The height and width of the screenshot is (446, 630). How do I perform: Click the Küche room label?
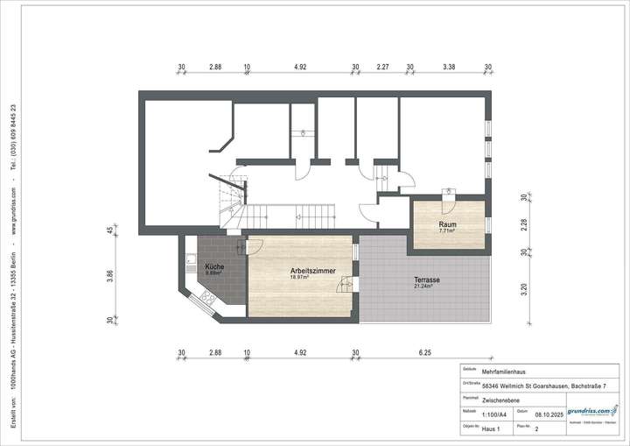pos(214,266)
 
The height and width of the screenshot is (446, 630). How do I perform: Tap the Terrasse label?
pos(427,280)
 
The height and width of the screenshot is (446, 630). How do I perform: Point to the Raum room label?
pos(447,225)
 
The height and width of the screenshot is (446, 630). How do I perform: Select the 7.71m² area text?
pos(447,232)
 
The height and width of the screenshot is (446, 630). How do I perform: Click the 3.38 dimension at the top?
pos(450,66)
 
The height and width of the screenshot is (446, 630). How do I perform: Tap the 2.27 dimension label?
pos(383,66)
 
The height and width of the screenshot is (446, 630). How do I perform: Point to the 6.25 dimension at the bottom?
pos(425,352)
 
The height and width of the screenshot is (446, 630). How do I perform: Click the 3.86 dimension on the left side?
pos(110,275)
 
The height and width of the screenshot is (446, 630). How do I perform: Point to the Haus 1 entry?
pos(493,429)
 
